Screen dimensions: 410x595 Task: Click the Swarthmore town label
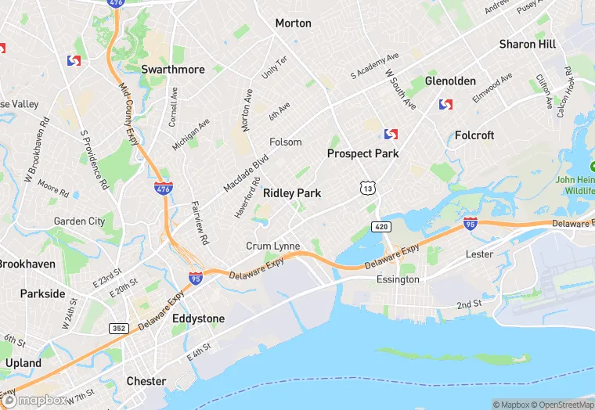[173, 69]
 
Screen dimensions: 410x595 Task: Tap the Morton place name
[293, 23]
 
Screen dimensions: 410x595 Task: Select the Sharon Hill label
[528, 45]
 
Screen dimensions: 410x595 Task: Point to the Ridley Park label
[292, 192]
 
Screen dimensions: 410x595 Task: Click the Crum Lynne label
[273, 246]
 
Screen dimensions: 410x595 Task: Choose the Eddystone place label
[198, 318]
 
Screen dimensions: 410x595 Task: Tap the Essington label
[398, 279]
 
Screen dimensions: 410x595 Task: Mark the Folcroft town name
[474, 135]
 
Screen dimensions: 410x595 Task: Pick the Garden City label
[79, 221]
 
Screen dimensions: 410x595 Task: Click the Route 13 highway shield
[367, 187]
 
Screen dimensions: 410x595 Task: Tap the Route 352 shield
[119, 328]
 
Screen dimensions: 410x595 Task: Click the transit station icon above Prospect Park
[391, 135]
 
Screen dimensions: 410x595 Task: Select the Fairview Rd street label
[200, 222]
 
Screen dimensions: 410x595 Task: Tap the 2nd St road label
[469, 304]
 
